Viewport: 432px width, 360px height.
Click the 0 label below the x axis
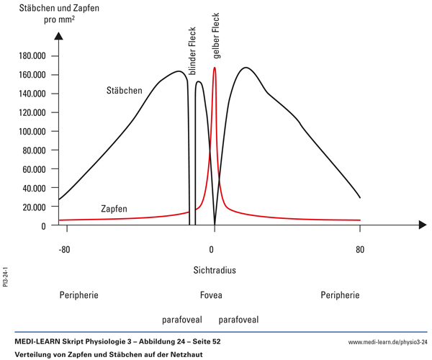(212, 250)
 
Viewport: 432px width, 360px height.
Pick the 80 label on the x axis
(360, 250)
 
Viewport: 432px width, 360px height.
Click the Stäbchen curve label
(125, 91)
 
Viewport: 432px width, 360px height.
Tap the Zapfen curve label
(113, 209)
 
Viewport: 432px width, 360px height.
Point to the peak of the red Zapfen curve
(215, 68)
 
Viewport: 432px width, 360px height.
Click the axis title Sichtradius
(215, 271)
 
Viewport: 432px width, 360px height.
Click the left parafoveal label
(182, 319)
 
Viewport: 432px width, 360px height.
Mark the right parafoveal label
(238, 319)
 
